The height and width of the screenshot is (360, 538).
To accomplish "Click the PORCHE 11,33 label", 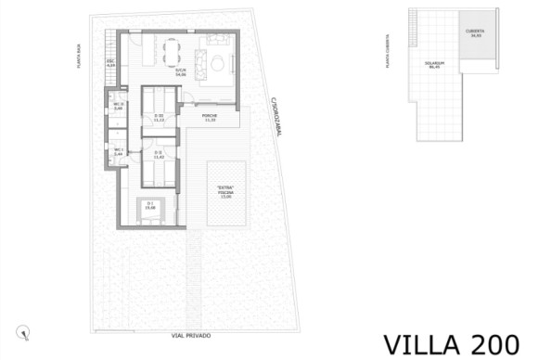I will coord(210,118).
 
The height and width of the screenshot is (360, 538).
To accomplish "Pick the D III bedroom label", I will coord(158,118).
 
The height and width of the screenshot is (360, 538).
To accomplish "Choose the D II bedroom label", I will coord(158,154).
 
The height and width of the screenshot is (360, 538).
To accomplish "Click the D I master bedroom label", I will coord(149,206).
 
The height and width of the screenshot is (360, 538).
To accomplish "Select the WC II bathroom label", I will coord(118,106).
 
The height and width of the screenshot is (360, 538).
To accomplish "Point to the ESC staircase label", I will coord(110,64).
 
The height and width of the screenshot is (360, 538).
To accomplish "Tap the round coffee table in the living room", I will coord(216,63).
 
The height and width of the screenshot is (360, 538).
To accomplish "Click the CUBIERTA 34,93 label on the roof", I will coord(475,33).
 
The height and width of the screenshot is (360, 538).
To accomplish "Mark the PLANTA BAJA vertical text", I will coord(81,60).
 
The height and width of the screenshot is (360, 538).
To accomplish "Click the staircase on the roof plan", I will coord(413,29).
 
